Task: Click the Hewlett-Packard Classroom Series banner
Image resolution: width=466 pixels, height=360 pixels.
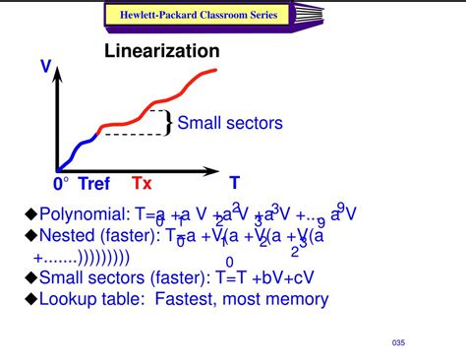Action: [198, 15]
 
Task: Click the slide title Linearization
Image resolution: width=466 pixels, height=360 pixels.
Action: [162, 50]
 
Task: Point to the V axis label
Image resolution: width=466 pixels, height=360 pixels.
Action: [45, 67]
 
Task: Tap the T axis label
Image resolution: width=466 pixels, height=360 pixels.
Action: [234, 183]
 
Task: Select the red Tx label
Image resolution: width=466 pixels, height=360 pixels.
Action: [143, 183]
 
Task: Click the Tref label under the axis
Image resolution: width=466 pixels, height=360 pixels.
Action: [94, 183]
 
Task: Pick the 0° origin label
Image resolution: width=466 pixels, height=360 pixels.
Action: [61, 183]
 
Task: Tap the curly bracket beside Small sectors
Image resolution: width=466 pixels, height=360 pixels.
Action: [169, 123]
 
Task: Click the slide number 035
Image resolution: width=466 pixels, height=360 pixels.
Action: [397, 342]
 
